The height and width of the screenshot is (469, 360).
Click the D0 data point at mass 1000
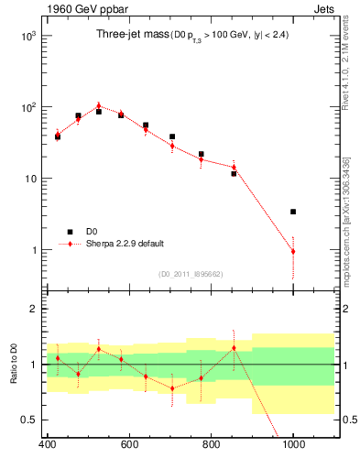point(293,212)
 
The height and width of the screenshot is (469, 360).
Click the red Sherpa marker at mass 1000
point(293,251)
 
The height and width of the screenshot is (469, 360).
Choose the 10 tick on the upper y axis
point(30,179)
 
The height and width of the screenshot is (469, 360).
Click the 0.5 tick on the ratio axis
point(27,420)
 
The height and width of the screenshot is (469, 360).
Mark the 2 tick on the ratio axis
point(32,309)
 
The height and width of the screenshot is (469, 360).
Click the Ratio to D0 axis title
point(11,365)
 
